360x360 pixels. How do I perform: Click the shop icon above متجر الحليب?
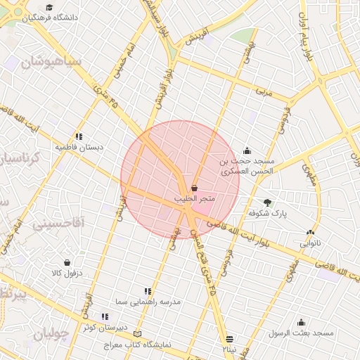pyautogui.click(x=193, y=188)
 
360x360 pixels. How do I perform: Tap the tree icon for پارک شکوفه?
pyautogui.click(x=266, y=202)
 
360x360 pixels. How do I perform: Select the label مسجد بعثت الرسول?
pyautogui.click(x=304, y=332)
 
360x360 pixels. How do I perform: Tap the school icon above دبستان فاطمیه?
pyautogui.click(x=79, y=136)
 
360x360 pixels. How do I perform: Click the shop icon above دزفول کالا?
pyautogui.click(x=67, y=262)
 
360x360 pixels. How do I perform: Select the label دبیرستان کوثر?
pyautogui.click(x=106, y=328)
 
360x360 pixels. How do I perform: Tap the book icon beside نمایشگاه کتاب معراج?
pyautogui.click(x=137, y=333)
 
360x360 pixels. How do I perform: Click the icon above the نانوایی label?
pyautogui.click(x=310, y=233)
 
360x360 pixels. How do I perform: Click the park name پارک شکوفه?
pyautogui.click(x=269, y=212)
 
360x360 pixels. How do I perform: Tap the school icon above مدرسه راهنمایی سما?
pyautogui.click(x=148, y=291)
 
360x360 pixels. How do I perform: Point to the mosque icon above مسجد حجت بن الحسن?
pyautogui.click(x=247, y=150)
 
